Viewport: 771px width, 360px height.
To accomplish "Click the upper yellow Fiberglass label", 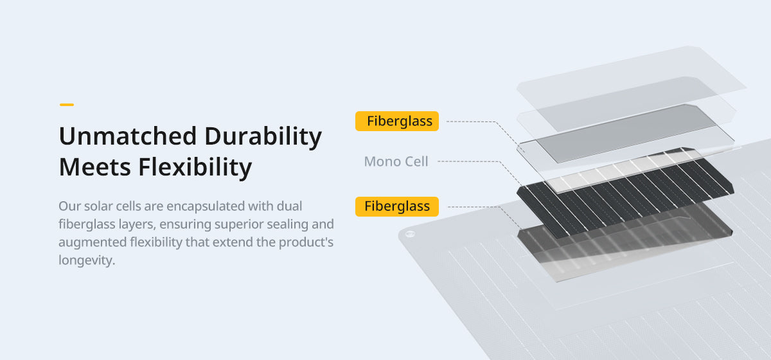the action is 397,121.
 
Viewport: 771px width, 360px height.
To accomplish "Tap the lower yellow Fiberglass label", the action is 397,206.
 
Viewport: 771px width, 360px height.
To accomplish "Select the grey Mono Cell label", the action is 396,161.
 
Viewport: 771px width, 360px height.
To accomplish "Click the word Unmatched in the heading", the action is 128,136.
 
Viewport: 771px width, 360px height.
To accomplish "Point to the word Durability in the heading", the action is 263,137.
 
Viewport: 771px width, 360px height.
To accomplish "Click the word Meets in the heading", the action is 94,167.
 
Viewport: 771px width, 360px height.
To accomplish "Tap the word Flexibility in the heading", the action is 195,168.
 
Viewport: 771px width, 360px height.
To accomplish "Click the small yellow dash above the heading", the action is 67,104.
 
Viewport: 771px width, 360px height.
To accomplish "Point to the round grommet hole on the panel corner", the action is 410,234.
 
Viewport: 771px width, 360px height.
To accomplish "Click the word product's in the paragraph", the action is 306,242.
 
